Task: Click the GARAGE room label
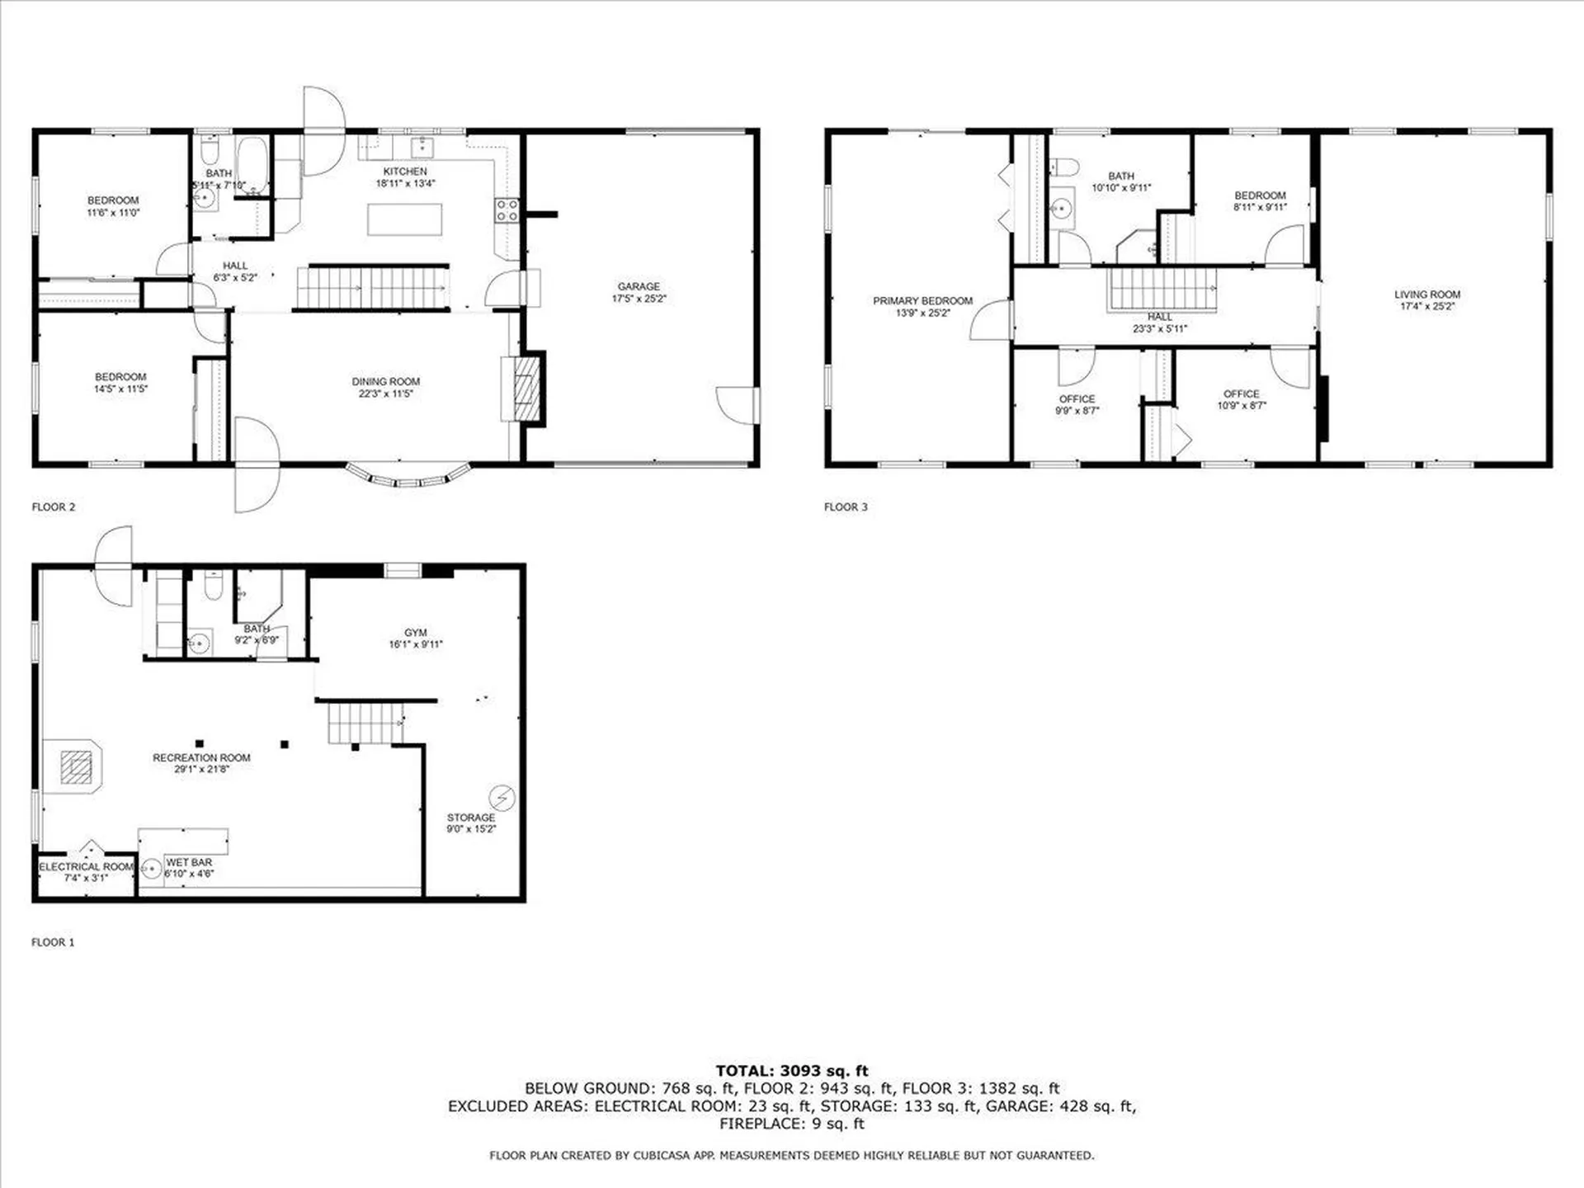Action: (639, 286)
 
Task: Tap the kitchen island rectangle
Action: (404, 219)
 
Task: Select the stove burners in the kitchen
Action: (507, 210)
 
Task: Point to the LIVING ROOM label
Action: (1427, 295)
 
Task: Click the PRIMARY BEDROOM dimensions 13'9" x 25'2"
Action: (923, 313)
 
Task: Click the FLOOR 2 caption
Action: (54, 507)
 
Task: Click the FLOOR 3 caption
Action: (846, 507)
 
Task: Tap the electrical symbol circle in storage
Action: (502, 798)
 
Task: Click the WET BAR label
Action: (189, 862)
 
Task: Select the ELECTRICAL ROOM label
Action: (86, 866)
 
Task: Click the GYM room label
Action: (416, 633)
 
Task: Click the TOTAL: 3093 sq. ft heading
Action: (792, 1071)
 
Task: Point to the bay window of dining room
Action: (408, 477)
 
